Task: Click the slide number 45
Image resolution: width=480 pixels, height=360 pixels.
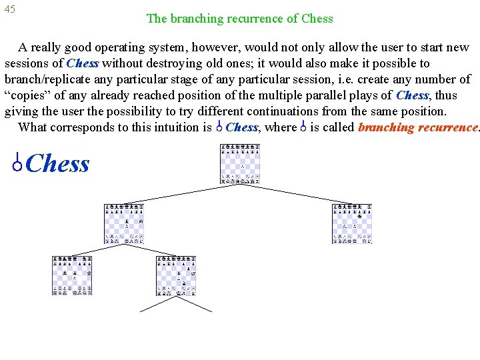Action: (x=9, y=9)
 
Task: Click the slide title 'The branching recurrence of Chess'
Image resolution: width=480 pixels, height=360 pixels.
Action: (x=239, y=19)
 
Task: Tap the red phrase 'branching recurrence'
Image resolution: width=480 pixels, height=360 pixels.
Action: (x=417, y=127)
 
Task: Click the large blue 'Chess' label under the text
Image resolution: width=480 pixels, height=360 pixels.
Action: (x=59, y=163)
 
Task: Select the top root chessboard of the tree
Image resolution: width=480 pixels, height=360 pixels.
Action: (x=240, y=164)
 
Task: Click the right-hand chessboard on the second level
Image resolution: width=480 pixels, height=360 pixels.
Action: (x=352, y=223)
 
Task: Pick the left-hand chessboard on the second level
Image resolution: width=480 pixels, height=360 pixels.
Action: (x=124, y=223)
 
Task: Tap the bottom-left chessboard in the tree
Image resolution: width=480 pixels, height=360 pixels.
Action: (x=72, y=275)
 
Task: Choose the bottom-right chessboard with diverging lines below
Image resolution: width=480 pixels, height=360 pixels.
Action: (x=176, y=275)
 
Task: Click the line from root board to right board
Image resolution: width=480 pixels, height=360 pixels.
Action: (x=297, y=193)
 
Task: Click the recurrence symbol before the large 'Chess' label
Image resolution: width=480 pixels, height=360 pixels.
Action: (x=19, y=163)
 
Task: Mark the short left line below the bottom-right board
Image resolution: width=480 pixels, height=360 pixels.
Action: (x=158, y=304)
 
